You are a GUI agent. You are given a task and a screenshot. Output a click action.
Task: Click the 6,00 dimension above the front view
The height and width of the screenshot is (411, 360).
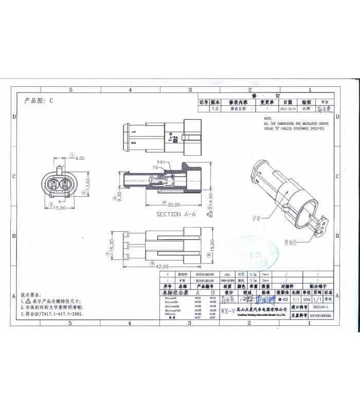[80, 159]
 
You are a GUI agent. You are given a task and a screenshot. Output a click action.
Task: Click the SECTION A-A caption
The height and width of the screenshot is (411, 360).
[176, 214]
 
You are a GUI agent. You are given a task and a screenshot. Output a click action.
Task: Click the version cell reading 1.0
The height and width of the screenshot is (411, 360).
[215, 109]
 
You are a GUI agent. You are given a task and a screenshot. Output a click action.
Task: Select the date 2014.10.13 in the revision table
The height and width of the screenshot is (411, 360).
[287, 109]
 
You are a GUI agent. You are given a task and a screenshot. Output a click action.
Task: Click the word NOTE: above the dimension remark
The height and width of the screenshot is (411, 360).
[268, 119]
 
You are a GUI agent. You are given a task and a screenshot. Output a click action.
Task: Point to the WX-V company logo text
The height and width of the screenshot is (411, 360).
[228, 311]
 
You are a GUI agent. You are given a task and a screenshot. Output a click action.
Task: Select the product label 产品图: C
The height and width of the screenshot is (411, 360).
[39, 101]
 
